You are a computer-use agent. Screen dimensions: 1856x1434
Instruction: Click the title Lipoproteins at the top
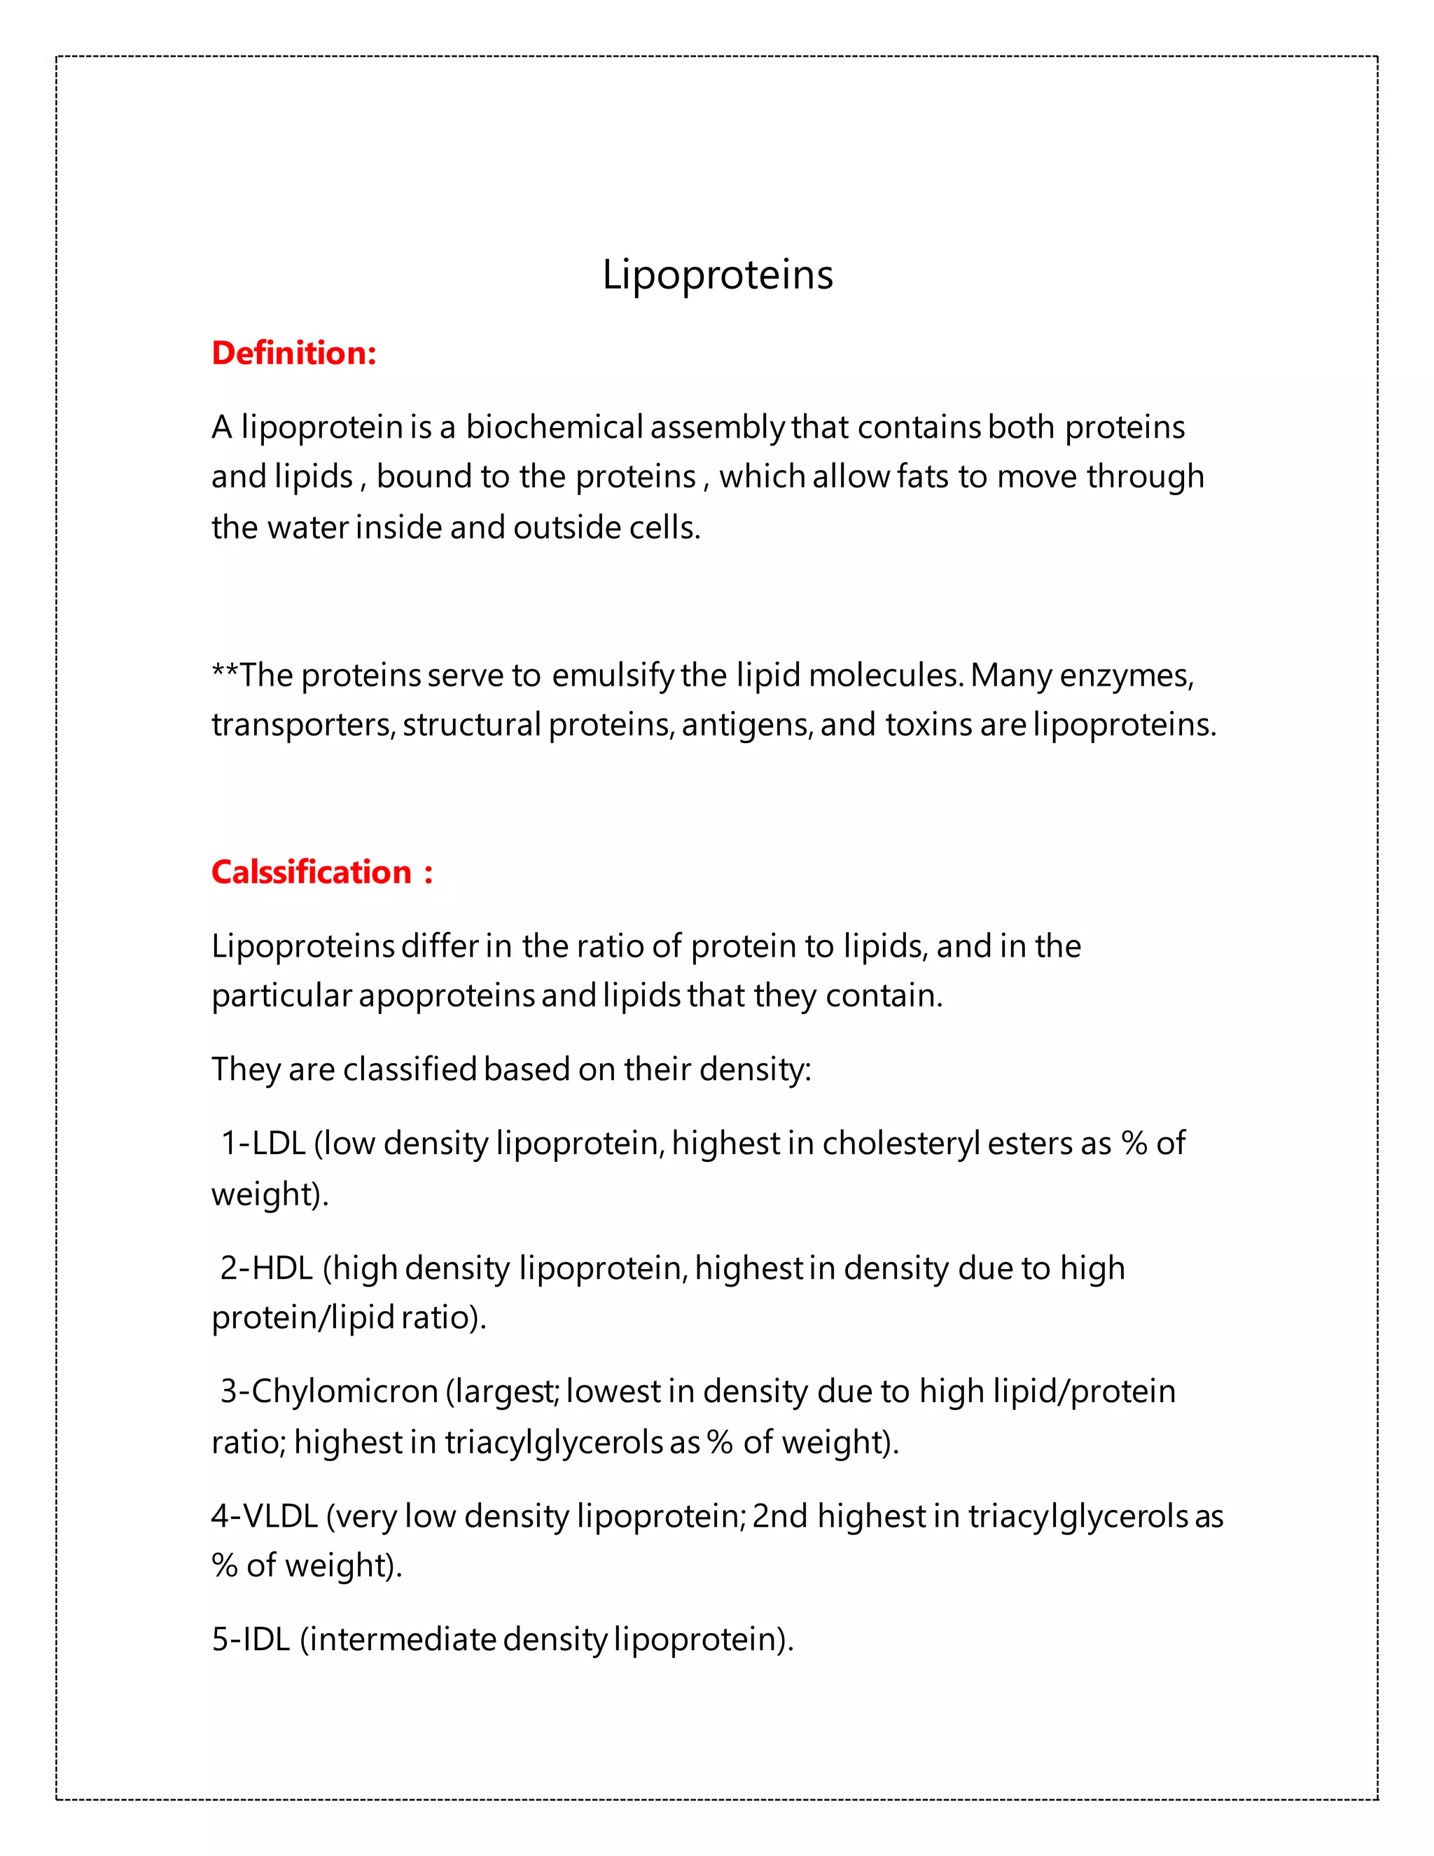pyautogui.click(x=717, y=275)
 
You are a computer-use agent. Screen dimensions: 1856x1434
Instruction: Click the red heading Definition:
pyautogui.click(x=293, y=353)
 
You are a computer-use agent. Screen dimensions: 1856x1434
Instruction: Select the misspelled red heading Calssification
pyautogui.click(x=311, y=872)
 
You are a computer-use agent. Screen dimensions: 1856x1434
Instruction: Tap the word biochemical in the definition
pyautogui.click(x=554, y=427)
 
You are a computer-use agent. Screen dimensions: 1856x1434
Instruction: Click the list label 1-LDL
pyautogui.click(x=263, y=1143)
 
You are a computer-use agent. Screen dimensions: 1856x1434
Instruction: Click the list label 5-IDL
pyautogui.click(x=251, y=1638)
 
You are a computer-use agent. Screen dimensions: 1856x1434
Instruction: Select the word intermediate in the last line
pyautogui.click(x=402, y=1638)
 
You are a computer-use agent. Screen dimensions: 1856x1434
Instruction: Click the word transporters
pyautogui.click(x=302, y=725)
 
